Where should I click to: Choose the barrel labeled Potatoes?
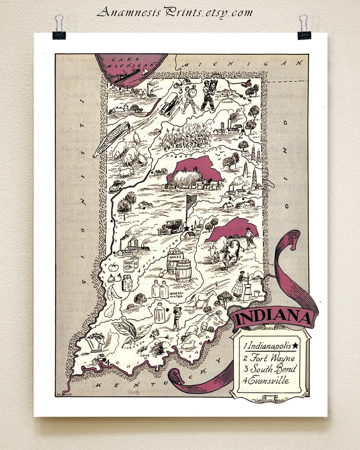(184, 270)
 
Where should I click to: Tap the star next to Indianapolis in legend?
(295, 346)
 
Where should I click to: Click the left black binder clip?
(59, 28)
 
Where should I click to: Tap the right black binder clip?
(304, 28)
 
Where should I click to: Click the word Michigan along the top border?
(240, 64)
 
